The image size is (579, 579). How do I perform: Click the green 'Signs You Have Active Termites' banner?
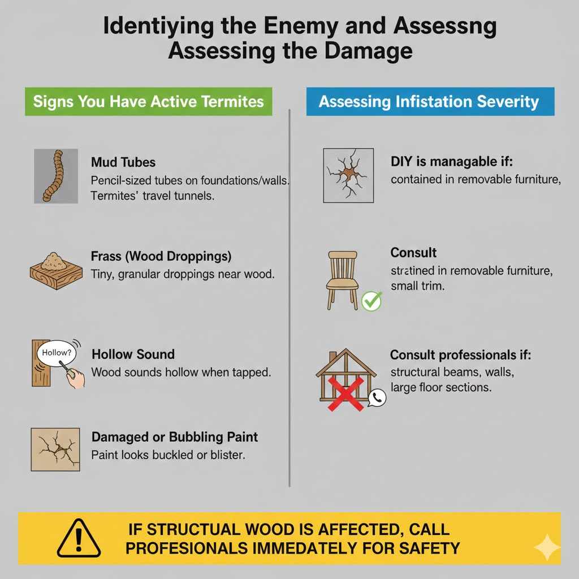[148, 102]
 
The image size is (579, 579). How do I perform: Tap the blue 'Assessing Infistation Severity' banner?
[429, 102]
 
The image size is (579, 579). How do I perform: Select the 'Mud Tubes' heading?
[123, 162]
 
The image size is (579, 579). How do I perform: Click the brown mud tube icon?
[56, 176]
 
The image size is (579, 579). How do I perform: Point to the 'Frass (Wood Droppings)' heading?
[161, 256]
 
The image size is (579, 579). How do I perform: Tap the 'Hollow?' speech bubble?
[57, 352]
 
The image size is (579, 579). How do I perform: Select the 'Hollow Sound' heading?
[133, 355]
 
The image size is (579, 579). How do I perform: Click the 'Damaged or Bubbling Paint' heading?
[174, 437]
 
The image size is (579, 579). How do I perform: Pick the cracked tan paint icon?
[55, 450]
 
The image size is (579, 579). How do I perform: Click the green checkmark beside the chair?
[371, 300]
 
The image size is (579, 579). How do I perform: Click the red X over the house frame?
[345, 393]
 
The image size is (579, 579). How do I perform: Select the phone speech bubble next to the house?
[376, 398]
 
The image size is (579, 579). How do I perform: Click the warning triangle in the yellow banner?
[79, 538]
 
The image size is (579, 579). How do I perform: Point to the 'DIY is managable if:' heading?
[451, 162]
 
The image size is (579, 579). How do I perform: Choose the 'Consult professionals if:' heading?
[461, 356]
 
